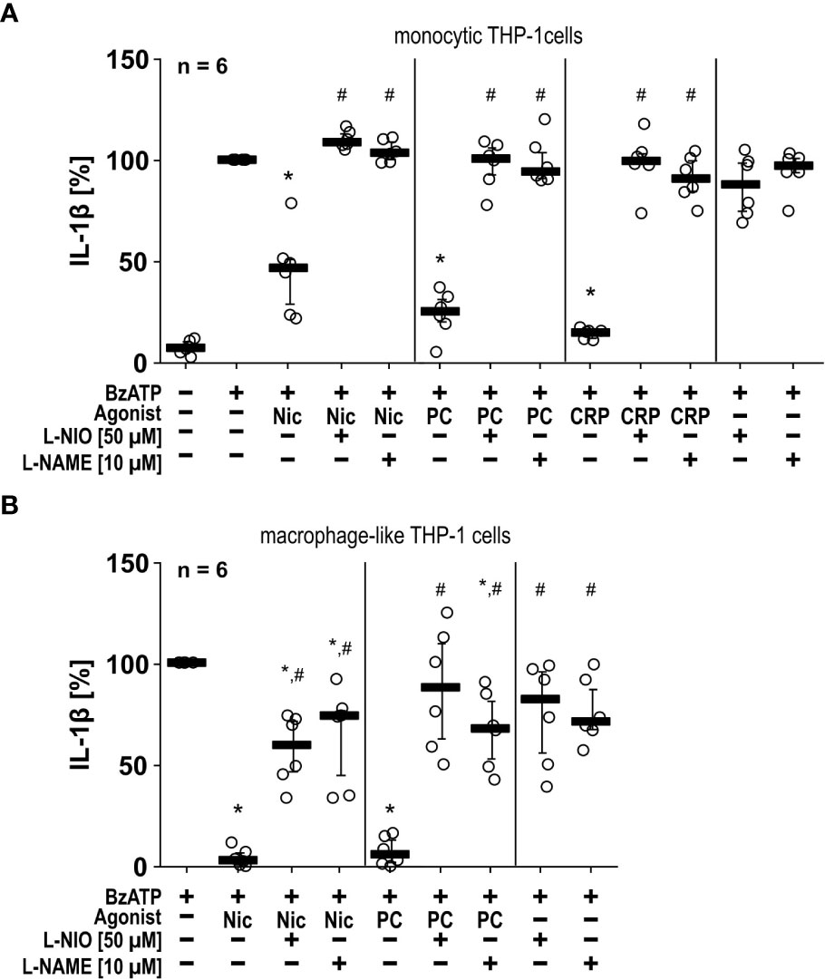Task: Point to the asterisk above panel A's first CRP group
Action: point(590,293)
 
